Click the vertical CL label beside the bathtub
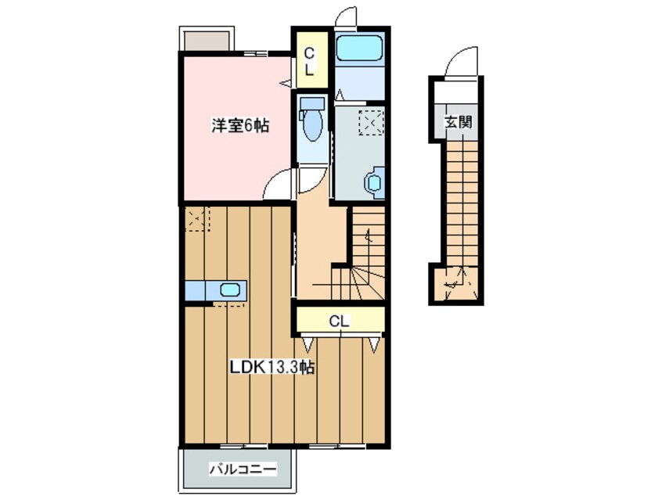point(309,61)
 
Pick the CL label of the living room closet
point(338,321)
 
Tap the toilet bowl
point(312,125)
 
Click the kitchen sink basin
point(230,290)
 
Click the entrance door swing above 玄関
point(462,62)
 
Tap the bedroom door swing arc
point(279,187)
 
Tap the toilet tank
point(312,104)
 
